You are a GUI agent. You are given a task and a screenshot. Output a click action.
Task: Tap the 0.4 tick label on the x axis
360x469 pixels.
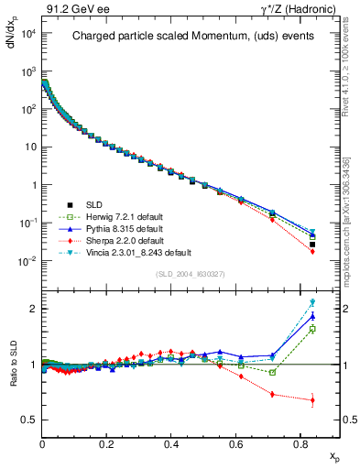click(171, 442)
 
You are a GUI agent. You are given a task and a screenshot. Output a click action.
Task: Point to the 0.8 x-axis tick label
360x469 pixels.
click(300, 442)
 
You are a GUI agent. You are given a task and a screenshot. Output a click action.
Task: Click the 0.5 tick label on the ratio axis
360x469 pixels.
click(27, 420)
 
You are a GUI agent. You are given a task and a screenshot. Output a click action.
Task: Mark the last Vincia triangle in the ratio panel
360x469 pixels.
click(312, 302)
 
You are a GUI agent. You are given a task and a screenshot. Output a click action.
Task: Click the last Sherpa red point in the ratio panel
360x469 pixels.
click(312, 400)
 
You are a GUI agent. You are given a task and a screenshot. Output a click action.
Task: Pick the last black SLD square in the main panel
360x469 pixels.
click(312, 245)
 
